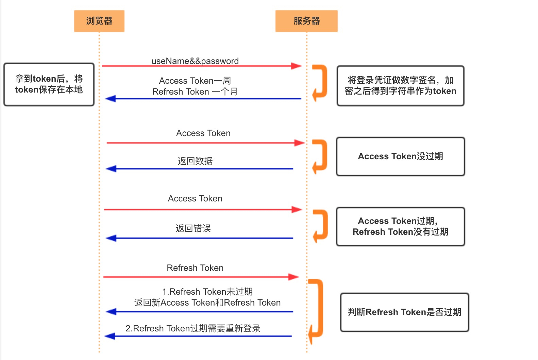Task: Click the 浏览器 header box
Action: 99,21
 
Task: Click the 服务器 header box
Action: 306,21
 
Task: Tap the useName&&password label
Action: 195,61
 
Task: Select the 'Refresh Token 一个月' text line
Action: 195,92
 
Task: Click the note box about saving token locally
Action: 49,84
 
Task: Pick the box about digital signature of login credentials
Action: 400,86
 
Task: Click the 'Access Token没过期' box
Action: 400,157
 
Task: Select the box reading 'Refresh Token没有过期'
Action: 400,227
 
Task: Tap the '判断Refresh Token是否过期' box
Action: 404,312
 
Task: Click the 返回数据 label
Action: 195,161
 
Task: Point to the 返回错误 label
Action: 193,228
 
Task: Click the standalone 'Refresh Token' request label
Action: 195,268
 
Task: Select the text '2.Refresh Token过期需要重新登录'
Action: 193,328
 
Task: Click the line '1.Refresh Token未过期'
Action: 207,292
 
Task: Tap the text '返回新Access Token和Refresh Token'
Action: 207,302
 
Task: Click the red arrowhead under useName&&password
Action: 296,66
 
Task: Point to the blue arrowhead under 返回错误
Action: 111,238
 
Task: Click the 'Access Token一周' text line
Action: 195,81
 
